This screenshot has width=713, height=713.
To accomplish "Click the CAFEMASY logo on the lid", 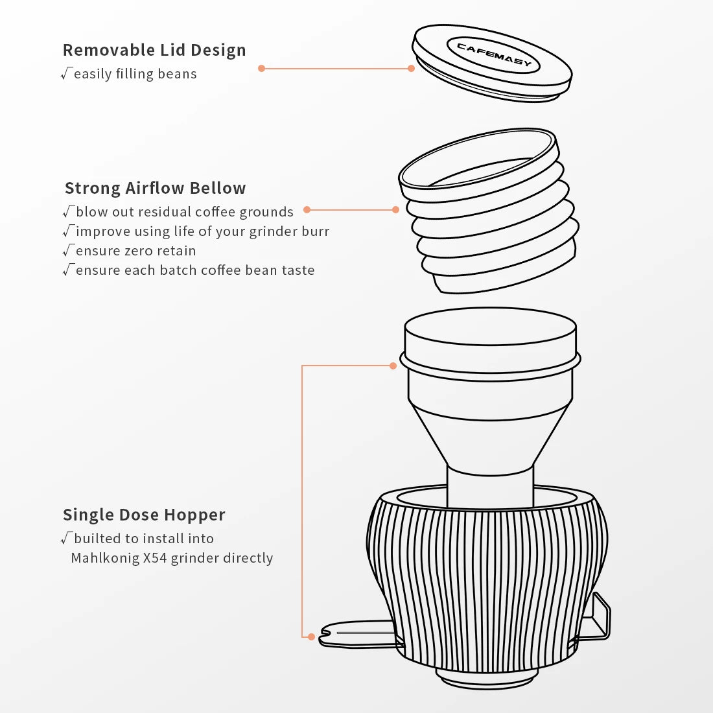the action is [x=494, y=54].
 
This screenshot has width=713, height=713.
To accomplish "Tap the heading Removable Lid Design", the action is [x=154, y=50].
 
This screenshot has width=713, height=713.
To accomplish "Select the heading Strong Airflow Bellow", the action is [x=155, y=188].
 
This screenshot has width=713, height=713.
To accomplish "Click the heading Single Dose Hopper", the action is [x=144, y=514].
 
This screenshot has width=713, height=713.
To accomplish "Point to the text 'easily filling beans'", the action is [x=135, y=74].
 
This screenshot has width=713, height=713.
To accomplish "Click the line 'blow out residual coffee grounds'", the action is [x=185, y=212].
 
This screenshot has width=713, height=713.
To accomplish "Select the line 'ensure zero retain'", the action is [x=135, y=251].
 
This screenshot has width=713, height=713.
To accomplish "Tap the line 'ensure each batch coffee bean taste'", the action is [x=195, y=270].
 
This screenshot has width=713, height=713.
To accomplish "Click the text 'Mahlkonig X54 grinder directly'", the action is [x=172, y=558].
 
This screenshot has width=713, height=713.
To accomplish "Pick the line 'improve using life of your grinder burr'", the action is [x=202, y=231].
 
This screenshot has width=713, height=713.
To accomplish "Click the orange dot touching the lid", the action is [x=411, y=68].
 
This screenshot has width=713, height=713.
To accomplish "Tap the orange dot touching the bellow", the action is [x=395, y=209].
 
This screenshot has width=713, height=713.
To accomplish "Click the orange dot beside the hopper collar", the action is [x=393, y=366].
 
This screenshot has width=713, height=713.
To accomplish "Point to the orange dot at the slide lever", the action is [x=311, y=637].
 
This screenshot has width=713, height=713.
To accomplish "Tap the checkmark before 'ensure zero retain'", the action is [x=68, y=250].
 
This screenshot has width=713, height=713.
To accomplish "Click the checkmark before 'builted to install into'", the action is [x=66, y=538].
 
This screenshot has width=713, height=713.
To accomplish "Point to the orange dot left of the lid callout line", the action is [x=261, y=68].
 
